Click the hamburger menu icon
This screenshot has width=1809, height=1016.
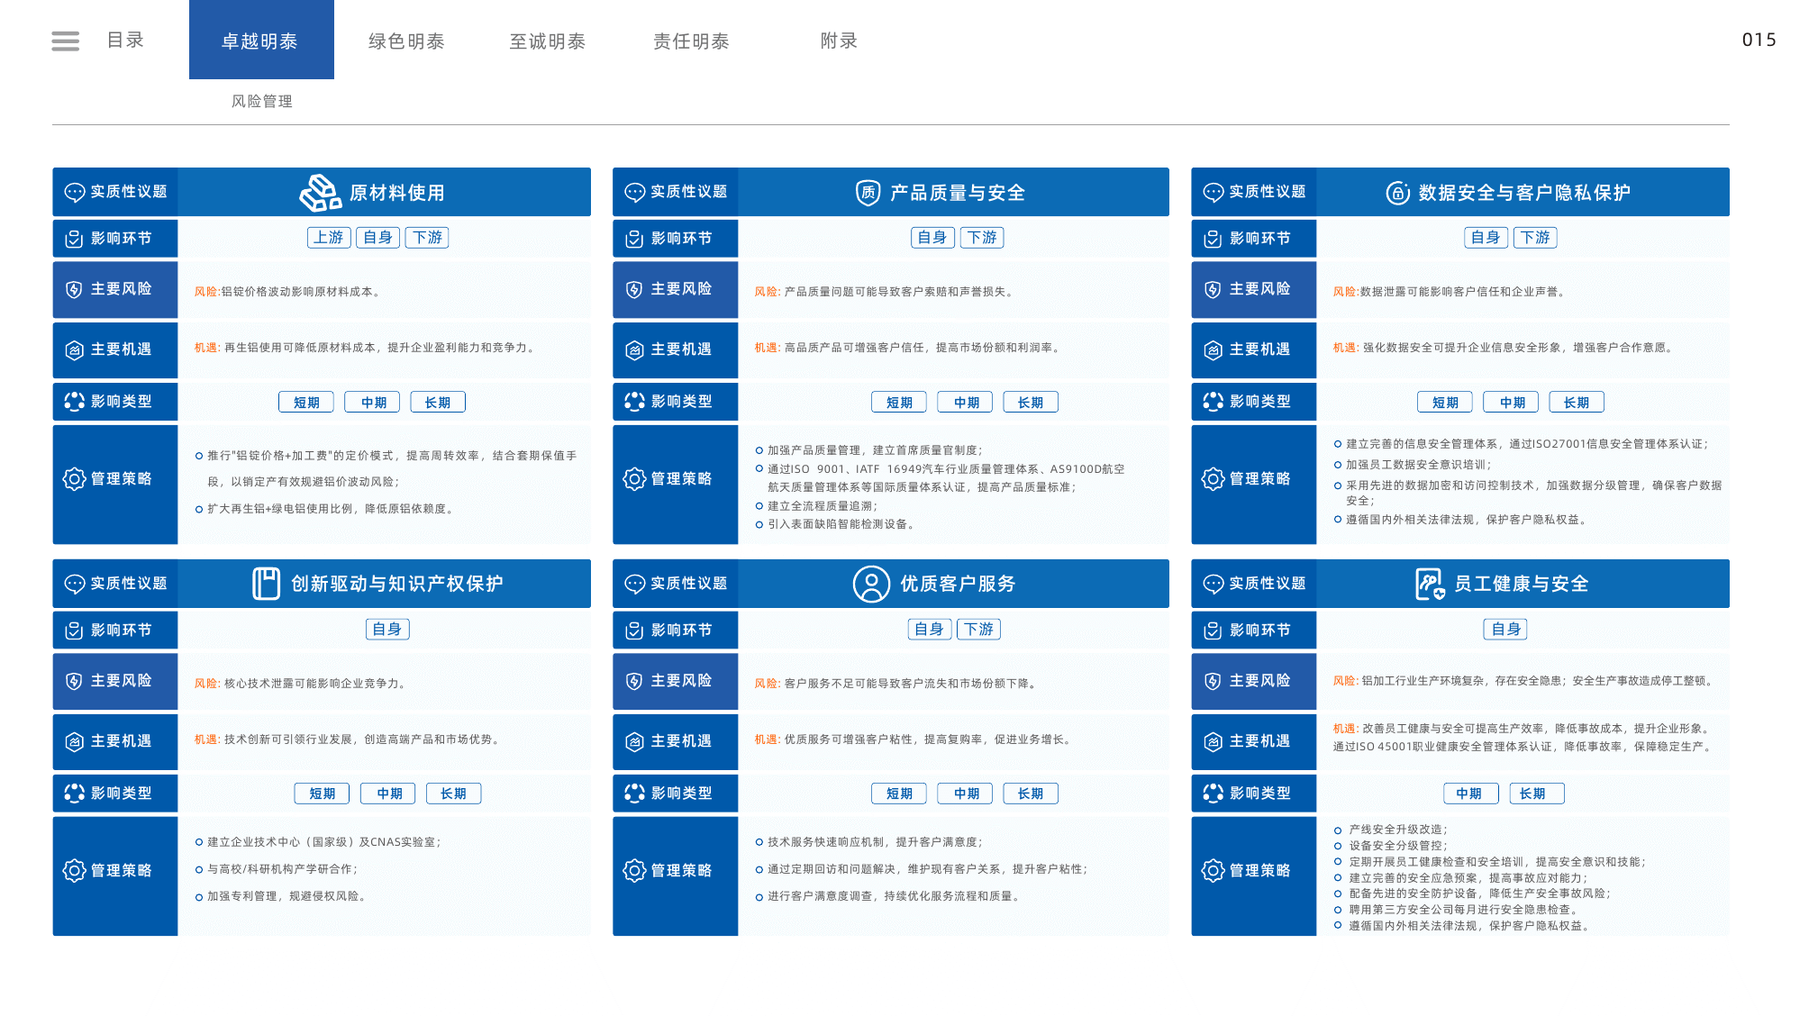[x=65, y=41]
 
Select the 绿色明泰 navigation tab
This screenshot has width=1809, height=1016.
[x=406, y=41]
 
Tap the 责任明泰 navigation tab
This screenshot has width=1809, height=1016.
[x=691, y=41]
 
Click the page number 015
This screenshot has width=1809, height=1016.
[x=1759, y=40]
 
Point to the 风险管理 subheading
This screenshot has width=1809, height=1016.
[x=262, y=101]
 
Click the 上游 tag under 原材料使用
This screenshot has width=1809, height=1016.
[x=329, y=237]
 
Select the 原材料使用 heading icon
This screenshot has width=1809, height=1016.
[x=320, y=192]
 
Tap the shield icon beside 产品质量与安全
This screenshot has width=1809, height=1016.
[x=868, y=192]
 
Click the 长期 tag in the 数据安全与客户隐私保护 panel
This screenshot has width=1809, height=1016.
[x=1577, y=402]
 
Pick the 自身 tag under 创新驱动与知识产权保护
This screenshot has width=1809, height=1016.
[x=387, y=629]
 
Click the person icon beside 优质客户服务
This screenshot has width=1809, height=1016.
[x=871, y=584]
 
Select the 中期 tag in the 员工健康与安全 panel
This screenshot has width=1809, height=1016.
[x=1470, y=793]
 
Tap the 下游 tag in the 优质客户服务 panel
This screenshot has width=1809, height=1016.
[x=979, y=629]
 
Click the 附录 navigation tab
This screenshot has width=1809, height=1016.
[x=839, y=41]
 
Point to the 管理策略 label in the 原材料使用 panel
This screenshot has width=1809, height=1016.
[x=121, y=478]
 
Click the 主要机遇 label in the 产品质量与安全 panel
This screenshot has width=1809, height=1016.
[x=681, y=349]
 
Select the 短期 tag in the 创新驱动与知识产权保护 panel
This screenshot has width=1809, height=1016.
[x=323, y=793]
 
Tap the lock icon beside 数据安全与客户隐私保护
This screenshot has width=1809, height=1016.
[x=1397, y=192]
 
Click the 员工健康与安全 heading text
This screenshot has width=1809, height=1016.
[x=1521, y=584]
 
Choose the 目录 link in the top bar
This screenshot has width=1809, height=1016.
[x=125, y=40]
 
